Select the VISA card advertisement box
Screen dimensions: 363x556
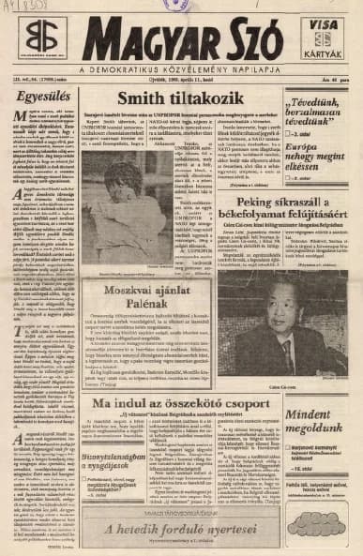[323, 38]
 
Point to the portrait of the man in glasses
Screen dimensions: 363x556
[289, 310]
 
